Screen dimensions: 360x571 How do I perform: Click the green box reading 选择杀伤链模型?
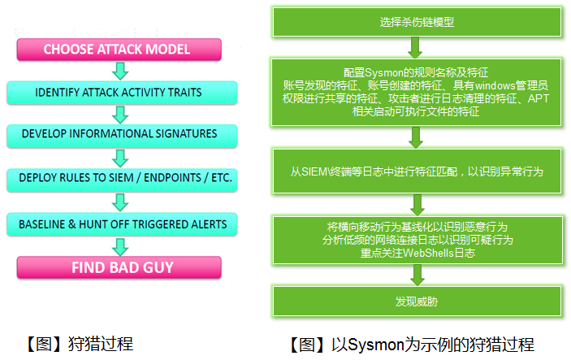pyautogui.click(x=417, y=22)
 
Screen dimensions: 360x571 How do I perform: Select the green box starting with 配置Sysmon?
pyautogui.click(x=417, y=92)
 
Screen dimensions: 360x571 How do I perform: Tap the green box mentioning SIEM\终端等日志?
pyautogui.click(x=417, y=172)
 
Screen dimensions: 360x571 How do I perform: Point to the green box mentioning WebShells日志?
pyautogui.click(x=417, y=240)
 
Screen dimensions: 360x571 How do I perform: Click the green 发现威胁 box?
pyautogui.click(x=417, y=301)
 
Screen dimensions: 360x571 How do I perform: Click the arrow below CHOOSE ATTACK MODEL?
pyautogui.click(x=120, y=70)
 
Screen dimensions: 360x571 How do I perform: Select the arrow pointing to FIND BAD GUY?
pyautogui.click(x=120, y=245)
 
